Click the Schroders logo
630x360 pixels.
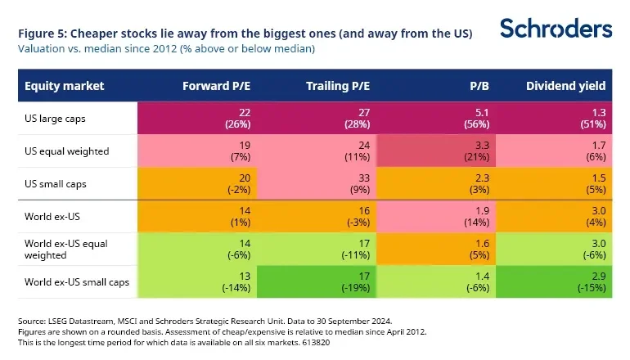click(x=556, y=28)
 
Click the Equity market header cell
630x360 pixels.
click(x=60, y=85)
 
